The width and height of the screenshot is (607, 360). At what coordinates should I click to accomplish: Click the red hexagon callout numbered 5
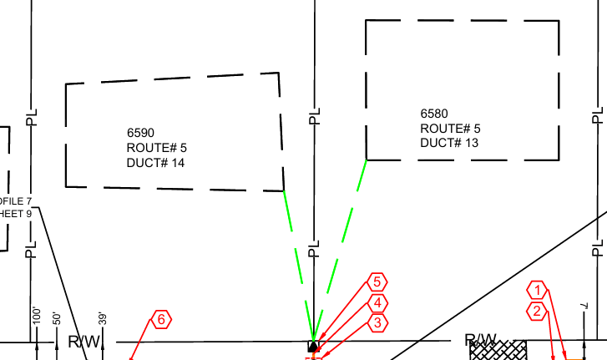(x=377, y=282)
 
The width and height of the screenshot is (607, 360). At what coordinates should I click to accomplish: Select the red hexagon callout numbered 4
(x=377, y=303)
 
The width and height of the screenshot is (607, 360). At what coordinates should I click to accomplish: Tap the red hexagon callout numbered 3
(x=377, y=322)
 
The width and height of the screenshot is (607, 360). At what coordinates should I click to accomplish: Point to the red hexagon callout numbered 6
(x=161, y=319)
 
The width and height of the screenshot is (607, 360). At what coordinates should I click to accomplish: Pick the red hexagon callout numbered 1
(x=539, y=291)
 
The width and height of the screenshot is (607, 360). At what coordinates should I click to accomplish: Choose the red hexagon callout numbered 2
(x=539, y=312)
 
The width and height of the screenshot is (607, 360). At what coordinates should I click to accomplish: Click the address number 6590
(x=141, y=133)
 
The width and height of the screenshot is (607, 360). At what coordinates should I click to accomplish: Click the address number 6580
(x=434, y=114)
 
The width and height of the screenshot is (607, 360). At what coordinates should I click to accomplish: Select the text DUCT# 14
(x=155, y=163)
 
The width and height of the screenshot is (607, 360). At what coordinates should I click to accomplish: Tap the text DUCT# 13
(x=449, y=143)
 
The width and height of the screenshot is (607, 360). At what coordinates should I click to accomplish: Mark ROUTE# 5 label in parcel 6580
(x=450, y=129)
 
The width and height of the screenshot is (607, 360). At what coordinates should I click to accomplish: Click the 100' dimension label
(x=36, y=316)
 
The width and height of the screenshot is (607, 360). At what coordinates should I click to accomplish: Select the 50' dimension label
(x=57, y=317)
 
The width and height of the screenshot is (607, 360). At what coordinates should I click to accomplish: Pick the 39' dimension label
(x=102, y=317)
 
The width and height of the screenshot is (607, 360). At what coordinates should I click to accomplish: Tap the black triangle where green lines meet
(x=313, y=346)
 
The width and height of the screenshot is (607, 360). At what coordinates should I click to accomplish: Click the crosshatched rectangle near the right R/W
(x=498, y=350)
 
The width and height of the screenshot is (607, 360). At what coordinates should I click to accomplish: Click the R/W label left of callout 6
(x=84, y=342)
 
